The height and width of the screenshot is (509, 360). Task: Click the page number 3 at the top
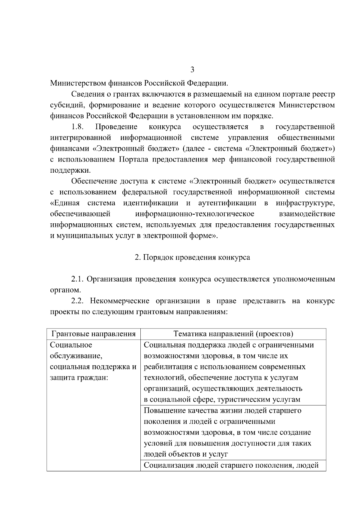tap(192, 70)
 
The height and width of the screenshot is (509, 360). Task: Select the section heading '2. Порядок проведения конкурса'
tap(192, 257)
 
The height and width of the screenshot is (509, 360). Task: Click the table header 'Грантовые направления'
tap(94, 334)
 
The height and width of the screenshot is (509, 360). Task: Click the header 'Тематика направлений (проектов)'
tap(233, 334)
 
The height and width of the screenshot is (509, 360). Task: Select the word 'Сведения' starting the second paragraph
tap(88, 94)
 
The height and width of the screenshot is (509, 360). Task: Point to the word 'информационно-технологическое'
tap(195, 214)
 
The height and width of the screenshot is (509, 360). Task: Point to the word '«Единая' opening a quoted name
tap(65, 203)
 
